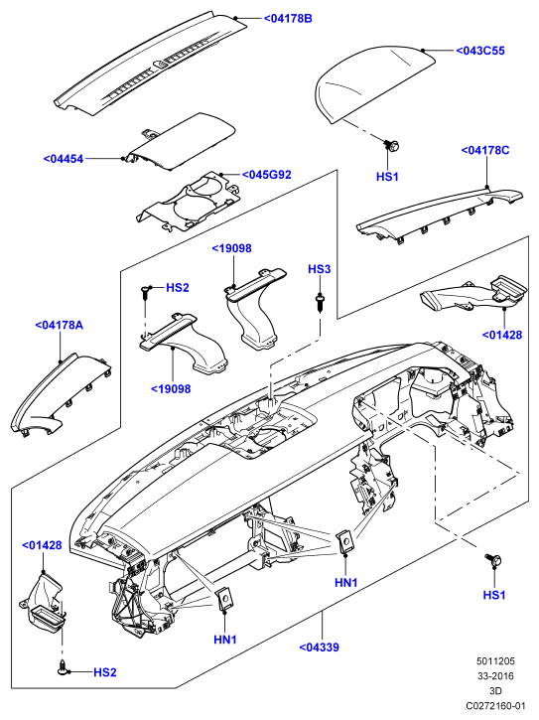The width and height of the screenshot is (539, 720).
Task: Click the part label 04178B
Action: point(288,18)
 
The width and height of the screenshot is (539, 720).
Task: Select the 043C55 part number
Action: point(480,51)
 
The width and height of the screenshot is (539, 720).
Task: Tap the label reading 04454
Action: point(64,159)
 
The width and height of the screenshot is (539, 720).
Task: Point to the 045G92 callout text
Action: point(267,175)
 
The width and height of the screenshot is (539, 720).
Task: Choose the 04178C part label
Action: point(485,150)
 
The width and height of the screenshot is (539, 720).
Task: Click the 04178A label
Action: point(60,325)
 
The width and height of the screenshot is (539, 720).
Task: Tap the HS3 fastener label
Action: point(319,269)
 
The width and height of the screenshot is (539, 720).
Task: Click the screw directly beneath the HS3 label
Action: point(319,302)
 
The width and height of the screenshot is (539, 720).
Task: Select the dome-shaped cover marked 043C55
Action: point(375,84)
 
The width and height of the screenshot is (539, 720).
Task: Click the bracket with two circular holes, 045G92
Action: point(189,202)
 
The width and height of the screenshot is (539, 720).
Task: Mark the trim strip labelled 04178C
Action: point(440,213)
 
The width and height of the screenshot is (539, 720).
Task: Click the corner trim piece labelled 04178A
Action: point(61,394)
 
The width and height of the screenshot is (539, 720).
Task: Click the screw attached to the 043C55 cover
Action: point(392,146)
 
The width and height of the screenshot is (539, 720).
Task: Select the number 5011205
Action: point(495,661)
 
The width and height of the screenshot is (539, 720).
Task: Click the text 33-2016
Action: point(495,676)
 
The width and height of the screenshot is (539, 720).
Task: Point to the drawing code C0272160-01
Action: point(495,706)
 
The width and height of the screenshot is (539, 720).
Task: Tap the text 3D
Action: point(496,691)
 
